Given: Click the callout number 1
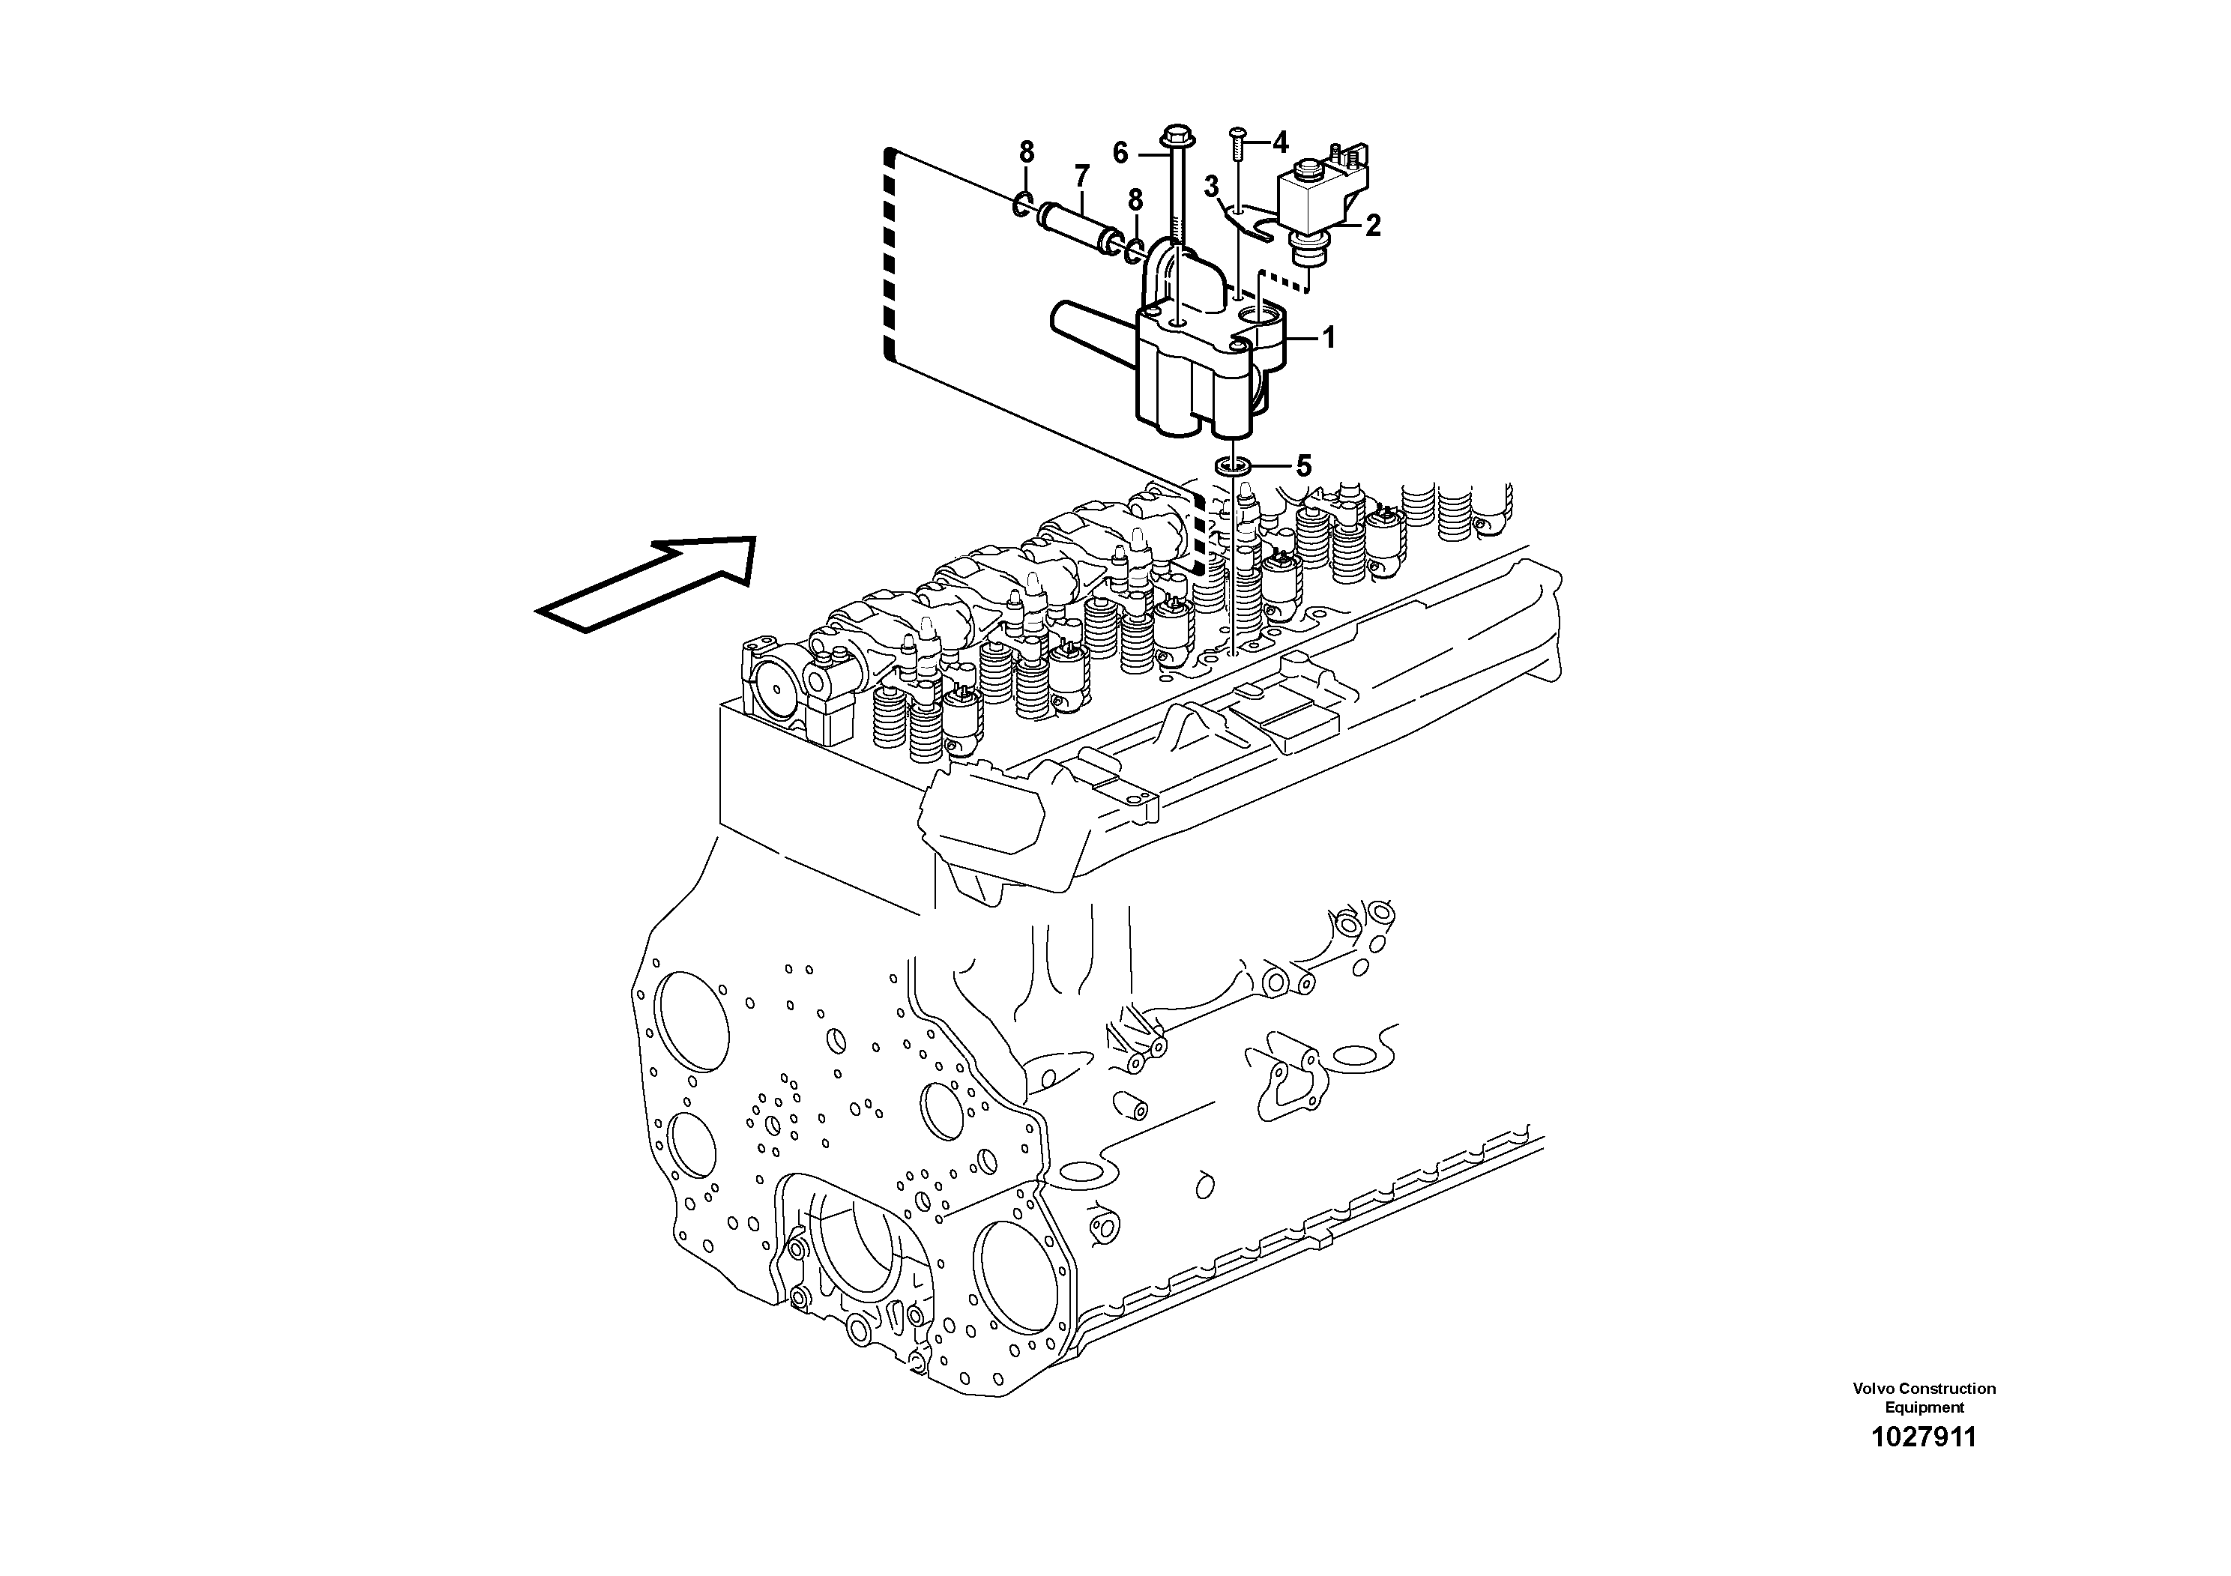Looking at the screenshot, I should tap(1328, 338).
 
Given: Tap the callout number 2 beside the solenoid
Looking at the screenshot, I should tap(1372, 226).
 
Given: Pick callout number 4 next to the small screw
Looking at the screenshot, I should tap(1280, 143).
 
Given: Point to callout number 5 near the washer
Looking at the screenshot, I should tap(1303, 466).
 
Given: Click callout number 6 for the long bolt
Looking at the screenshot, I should tap(1120, 153).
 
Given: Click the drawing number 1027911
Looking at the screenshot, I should tap(1923, 1438).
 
